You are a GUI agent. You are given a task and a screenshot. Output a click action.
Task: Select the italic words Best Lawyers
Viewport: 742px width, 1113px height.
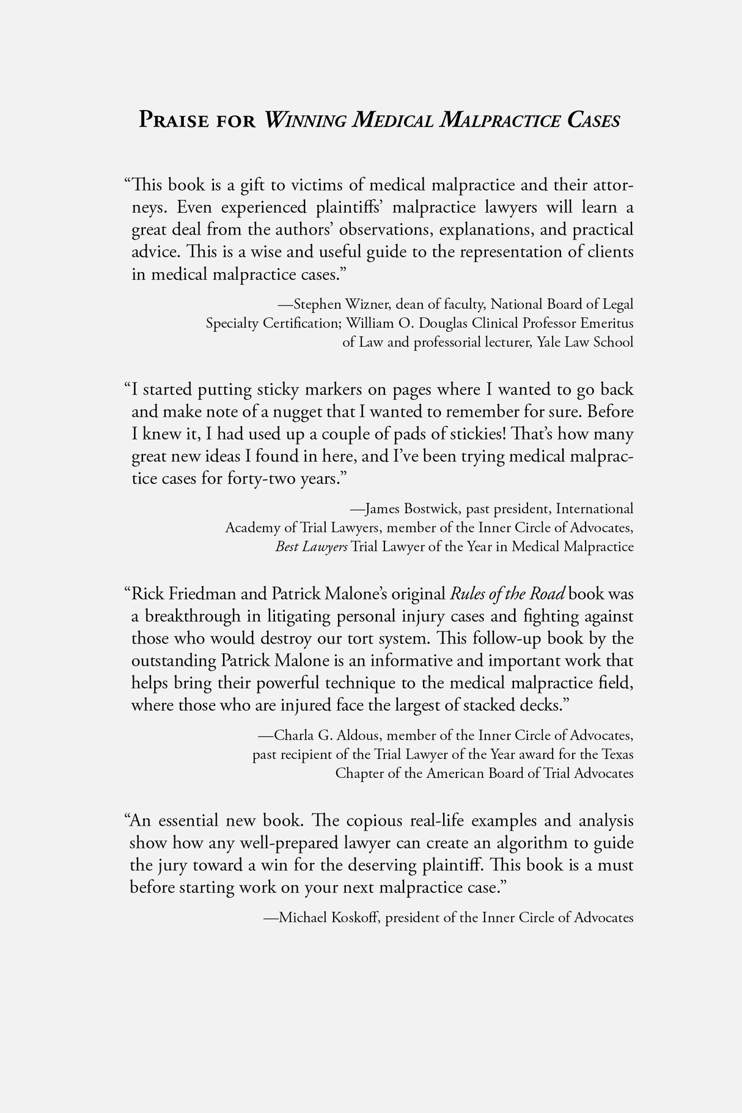(x=311, y=546)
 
